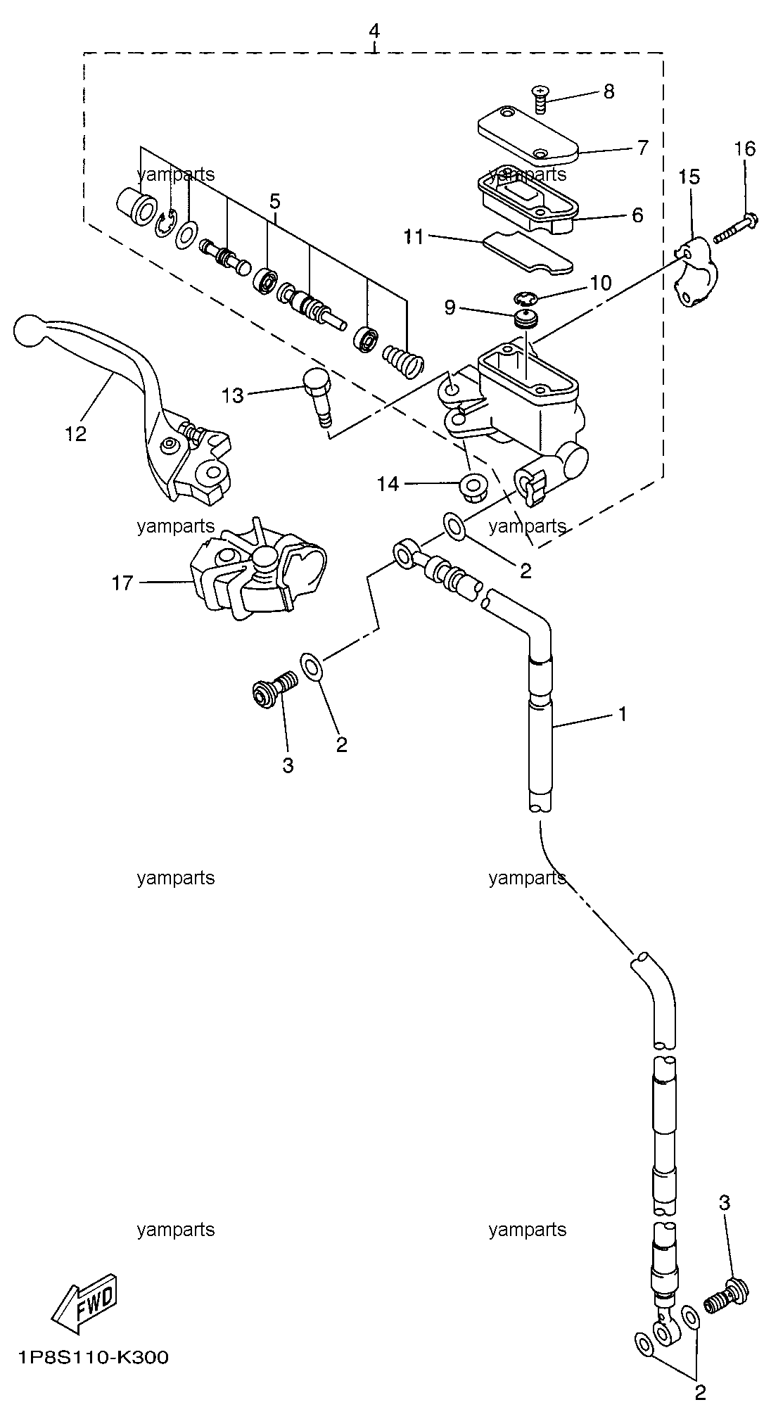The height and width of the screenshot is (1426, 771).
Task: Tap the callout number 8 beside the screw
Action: click(x=608, y=91)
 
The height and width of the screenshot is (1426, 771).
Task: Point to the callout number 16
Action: click(x=745, y=149)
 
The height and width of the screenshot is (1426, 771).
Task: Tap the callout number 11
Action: click(x=414, y=237)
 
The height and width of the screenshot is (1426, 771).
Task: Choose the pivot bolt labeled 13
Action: click(x=317, y=397)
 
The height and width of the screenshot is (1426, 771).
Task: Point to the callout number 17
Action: click(x=122, y=583)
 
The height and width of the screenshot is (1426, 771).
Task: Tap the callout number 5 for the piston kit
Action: click(x=274, y=202)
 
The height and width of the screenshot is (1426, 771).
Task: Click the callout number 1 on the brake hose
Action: click(x=622, y=714)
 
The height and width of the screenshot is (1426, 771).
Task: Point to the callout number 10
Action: click(x=601, y=283)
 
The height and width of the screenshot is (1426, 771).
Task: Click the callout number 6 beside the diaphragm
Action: click(x=637, y=215)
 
